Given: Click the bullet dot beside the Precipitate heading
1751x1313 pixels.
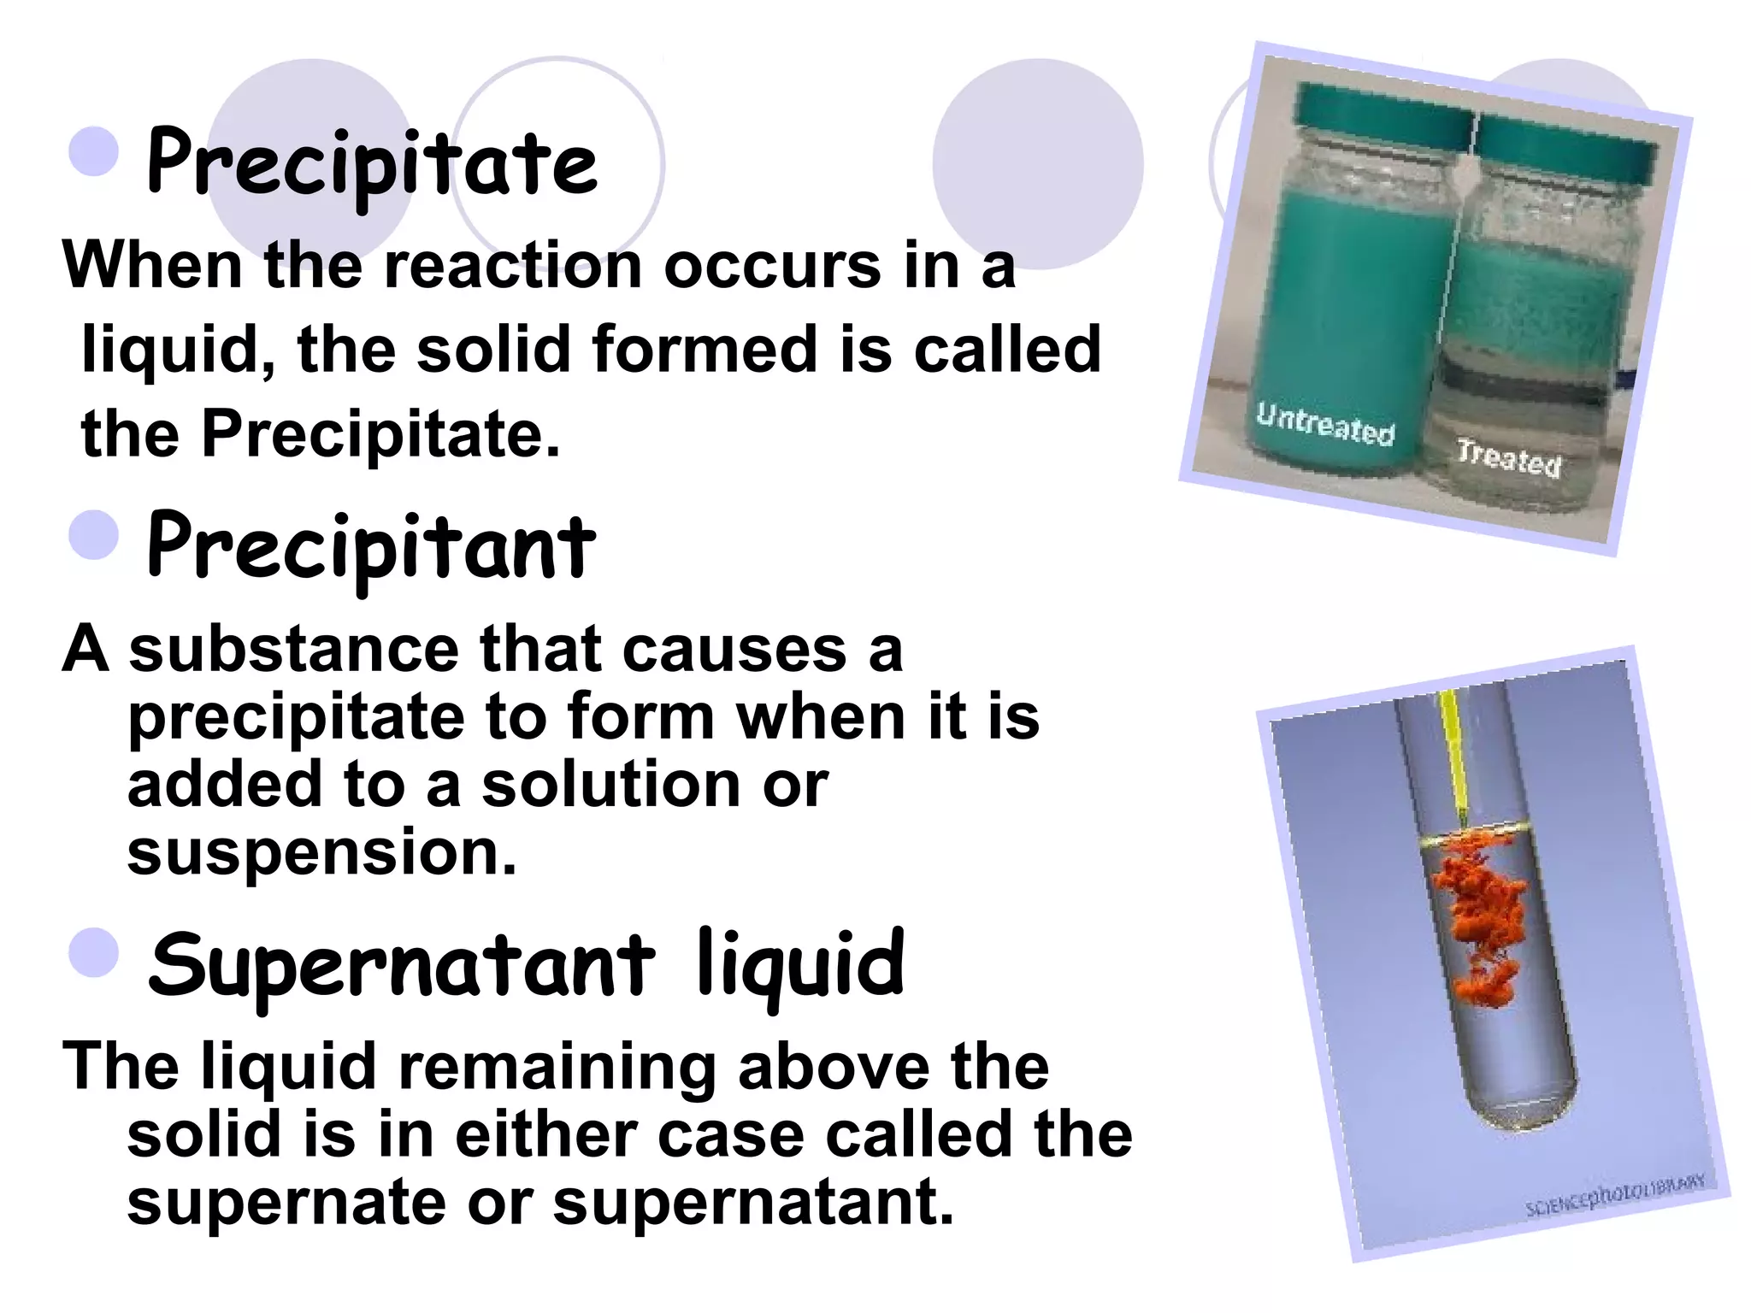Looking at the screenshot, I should (93, 152).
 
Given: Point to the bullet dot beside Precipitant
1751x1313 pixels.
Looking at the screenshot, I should (93, 535).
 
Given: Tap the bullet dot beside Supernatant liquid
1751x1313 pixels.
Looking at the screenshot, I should (93, 952).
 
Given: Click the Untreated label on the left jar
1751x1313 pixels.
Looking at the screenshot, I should (1324, 424).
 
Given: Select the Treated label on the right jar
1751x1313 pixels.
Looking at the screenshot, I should (1509, 458).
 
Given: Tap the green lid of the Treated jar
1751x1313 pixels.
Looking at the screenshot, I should (1565, 150).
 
